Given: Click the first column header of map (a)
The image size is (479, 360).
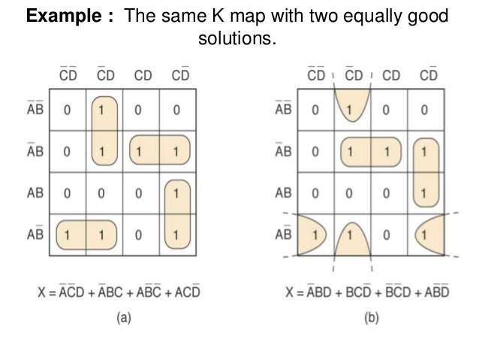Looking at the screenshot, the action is click(x=68, y=75).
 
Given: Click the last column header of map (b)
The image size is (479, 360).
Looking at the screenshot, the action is click(x=429, y=75).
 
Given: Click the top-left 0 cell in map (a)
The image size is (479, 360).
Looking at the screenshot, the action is click(x=67, y=110).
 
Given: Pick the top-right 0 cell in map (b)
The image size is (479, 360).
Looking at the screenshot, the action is click(x=425, y=110).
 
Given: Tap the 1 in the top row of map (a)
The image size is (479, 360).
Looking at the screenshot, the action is click(x=104, y=110).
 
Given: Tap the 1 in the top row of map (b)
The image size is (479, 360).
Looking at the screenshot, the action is click(x=350, y=110).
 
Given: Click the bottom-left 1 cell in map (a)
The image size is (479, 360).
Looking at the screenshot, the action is click(x=67, y=234).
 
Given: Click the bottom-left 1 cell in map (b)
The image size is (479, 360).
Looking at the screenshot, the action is click(x=315, y=234).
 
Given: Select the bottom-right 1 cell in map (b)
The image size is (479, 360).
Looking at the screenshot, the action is click(x=425, y=234).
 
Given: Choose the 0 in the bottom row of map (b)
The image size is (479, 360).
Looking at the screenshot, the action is click(x=387, y=234).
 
